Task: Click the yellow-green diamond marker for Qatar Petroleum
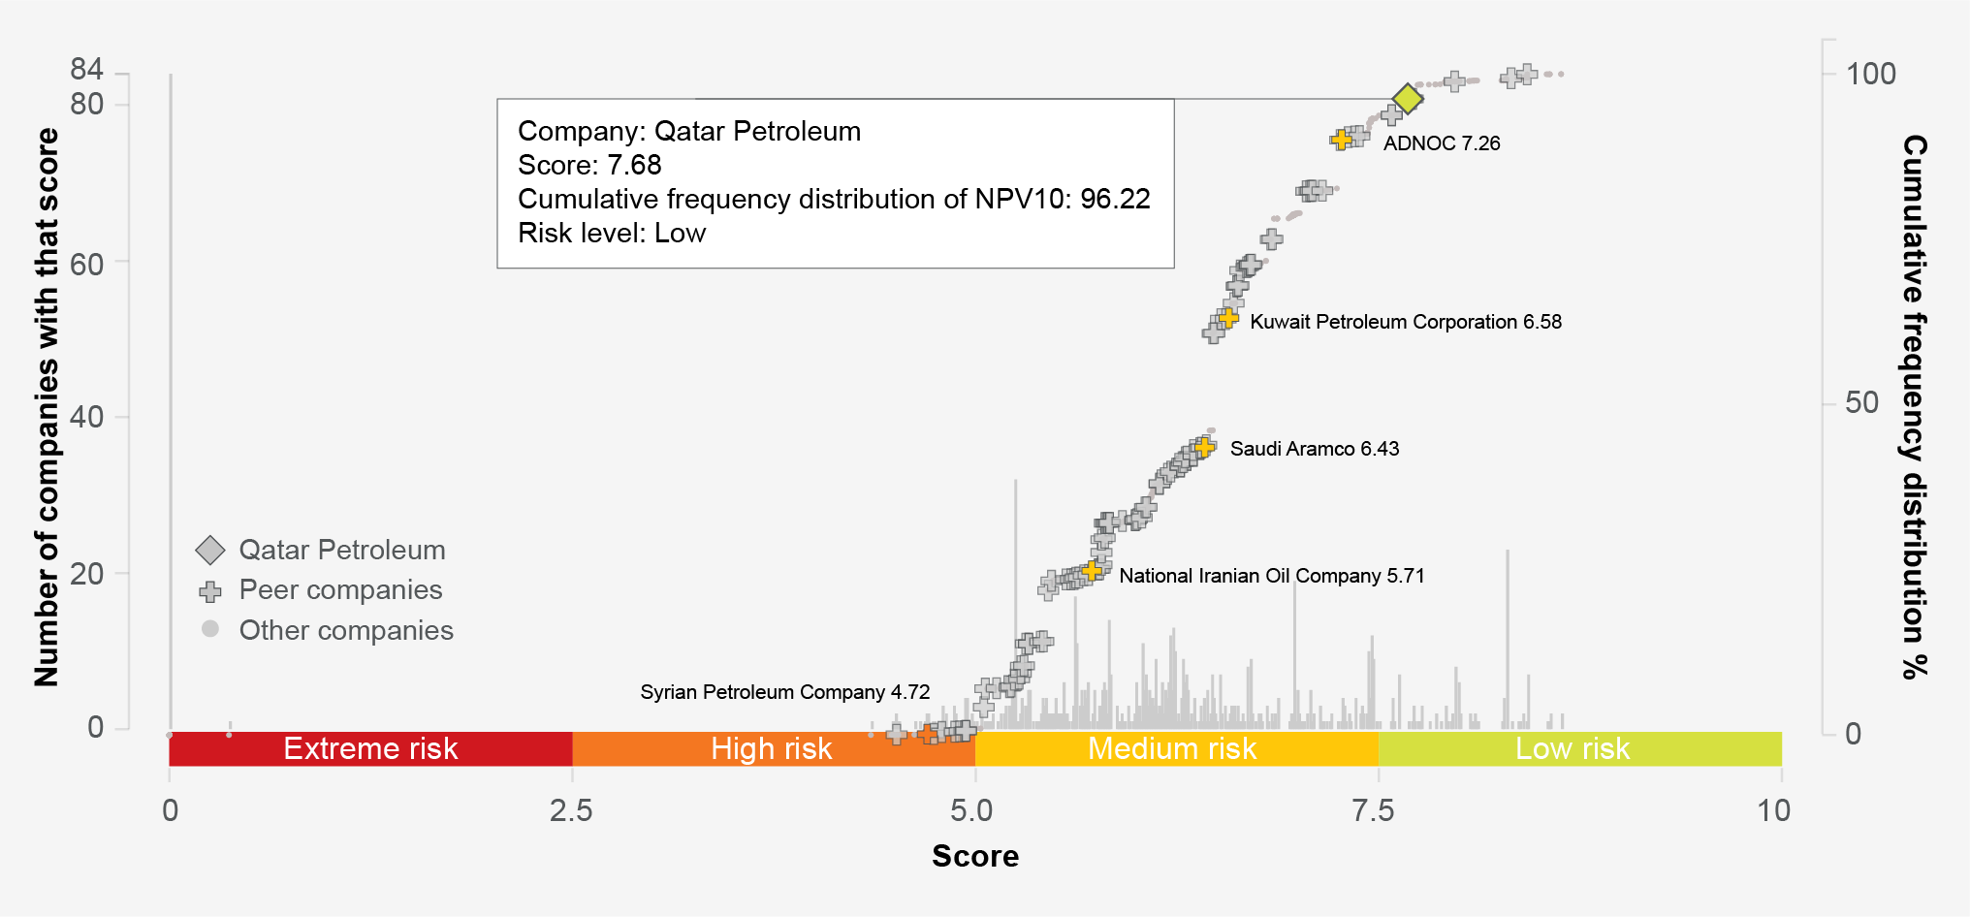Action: [x=1408, y=98]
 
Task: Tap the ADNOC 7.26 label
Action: [x=1441, y=143]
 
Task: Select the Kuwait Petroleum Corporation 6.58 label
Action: [x=1405, y=322]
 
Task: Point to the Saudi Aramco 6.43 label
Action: [x=1314, y=449]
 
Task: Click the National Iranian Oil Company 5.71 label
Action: [x=1271, y=576]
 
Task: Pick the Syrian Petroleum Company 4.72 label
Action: [x=784, y=692]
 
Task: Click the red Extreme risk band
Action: [x=370, y=748]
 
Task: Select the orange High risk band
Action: [x=772, y=748]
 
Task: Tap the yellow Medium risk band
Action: [x=1172, y=748]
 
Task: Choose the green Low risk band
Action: [x=1573, y=748]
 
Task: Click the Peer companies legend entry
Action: [x=339, y=590]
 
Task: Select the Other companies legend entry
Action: [x=345, y=630]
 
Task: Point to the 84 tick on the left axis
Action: [x=86, y=69]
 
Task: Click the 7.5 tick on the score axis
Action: [x=1373, y=810]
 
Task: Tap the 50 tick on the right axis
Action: [x=1861, y=402]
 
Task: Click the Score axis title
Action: [x=974, y=856]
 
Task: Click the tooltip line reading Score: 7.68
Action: [x=589, y=165]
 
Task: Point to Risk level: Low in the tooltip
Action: [x=612, y=234]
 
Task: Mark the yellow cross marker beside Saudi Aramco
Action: [x=1204, y=447]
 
